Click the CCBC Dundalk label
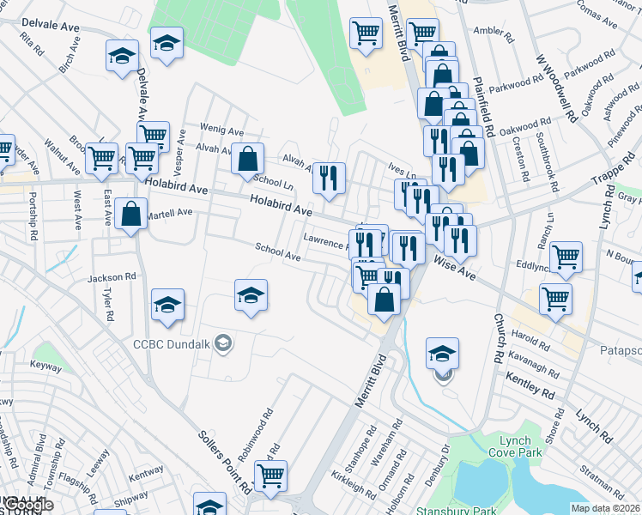[172, 345]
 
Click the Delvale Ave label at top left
[51, 27]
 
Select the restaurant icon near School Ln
[329, 178]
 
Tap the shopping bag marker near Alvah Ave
[247, 158]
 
